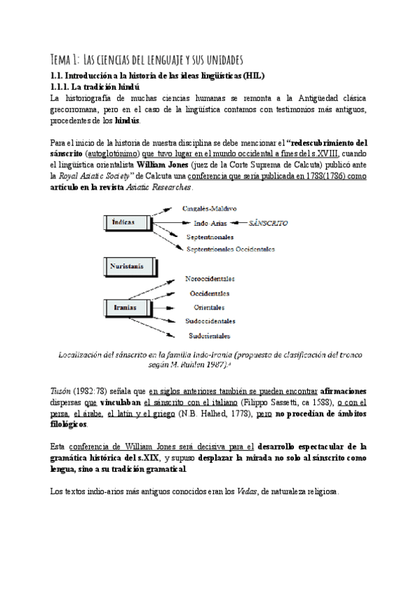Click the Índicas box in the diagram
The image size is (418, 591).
[130, 222]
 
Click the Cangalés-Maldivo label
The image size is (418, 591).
[210, 208]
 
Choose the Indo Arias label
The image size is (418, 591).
[210, 223]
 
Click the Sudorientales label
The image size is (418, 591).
[209, 335]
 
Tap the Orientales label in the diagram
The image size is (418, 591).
[210, 307]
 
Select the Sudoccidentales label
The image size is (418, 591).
[210, 321]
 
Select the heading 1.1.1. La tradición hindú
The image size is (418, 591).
[95, 86]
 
